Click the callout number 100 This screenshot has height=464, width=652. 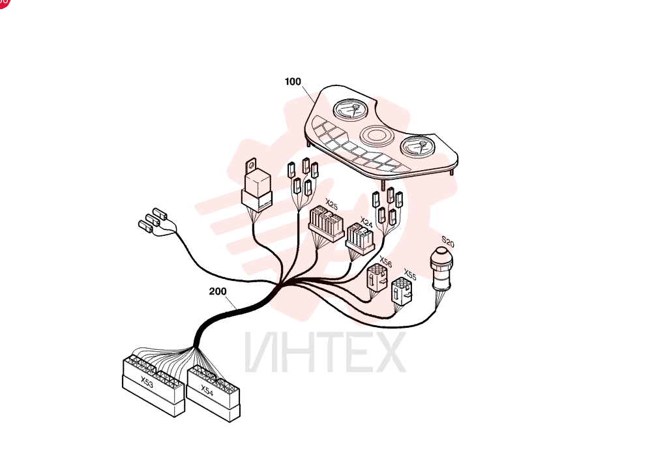(293, 81)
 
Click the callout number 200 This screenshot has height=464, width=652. (218, 291)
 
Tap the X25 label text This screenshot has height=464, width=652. (331, 205)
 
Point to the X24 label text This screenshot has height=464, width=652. (366, 222)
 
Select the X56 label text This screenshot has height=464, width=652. (385, 262)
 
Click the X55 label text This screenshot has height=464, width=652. (410, 275)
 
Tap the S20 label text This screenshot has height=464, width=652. (448, 242)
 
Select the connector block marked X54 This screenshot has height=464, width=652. (213, 394)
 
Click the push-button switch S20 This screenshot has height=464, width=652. (441, 269)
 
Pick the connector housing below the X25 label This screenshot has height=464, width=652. (326, 224)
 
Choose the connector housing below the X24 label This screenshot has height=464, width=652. (360, 239)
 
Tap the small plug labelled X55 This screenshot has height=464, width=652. (402, 291)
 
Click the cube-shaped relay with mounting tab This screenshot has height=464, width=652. (257, 186)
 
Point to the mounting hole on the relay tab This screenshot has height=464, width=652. (251, 165)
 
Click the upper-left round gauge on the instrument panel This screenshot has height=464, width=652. (351, 109)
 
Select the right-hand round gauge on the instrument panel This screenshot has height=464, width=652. (417, 147)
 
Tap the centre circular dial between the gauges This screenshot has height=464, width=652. (377, 135)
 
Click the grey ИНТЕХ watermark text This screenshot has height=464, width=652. (325, 352)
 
